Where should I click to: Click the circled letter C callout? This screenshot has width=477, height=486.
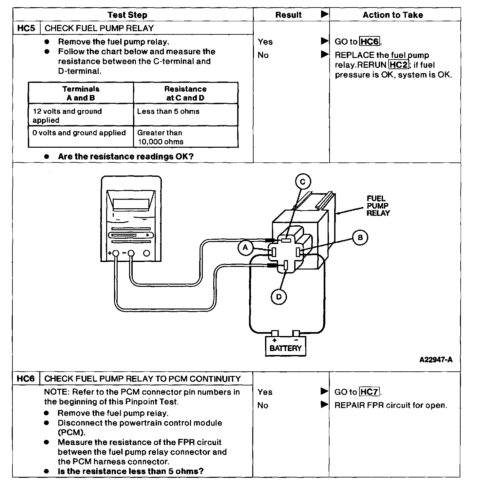[303, 182]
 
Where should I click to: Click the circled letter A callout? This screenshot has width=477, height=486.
[246, 248]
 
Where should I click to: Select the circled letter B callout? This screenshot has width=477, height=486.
[360, 237]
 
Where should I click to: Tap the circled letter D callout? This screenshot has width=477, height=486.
[279, 297]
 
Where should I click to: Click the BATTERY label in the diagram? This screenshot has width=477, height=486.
[285, 348]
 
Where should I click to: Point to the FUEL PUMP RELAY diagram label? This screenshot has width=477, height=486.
[378, 206]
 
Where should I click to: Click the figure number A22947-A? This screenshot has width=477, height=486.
[436, 360]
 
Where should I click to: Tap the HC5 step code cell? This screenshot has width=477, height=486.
[26, 28]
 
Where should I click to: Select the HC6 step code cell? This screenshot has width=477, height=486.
[26, 379]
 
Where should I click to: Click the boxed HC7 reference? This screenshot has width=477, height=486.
[369, 392]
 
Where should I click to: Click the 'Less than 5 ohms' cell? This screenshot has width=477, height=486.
[186, 115]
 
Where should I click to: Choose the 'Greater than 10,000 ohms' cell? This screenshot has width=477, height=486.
[186, 137]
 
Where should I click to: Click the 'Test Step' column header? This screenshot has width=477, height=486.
[127, 15]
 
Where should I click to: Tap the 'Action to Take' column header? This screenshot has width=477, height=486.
[393, 15]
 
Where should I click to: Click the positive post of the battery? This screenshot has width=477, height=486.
[275, 333]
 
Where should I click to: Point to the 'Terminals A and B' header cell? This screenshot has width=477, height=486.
[81, 93]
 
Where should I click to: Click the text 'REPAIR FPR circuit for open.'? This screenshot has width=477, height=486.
[391, 405]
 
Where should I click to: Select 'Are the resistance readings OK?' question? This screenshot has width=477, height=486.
[126, 156]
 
